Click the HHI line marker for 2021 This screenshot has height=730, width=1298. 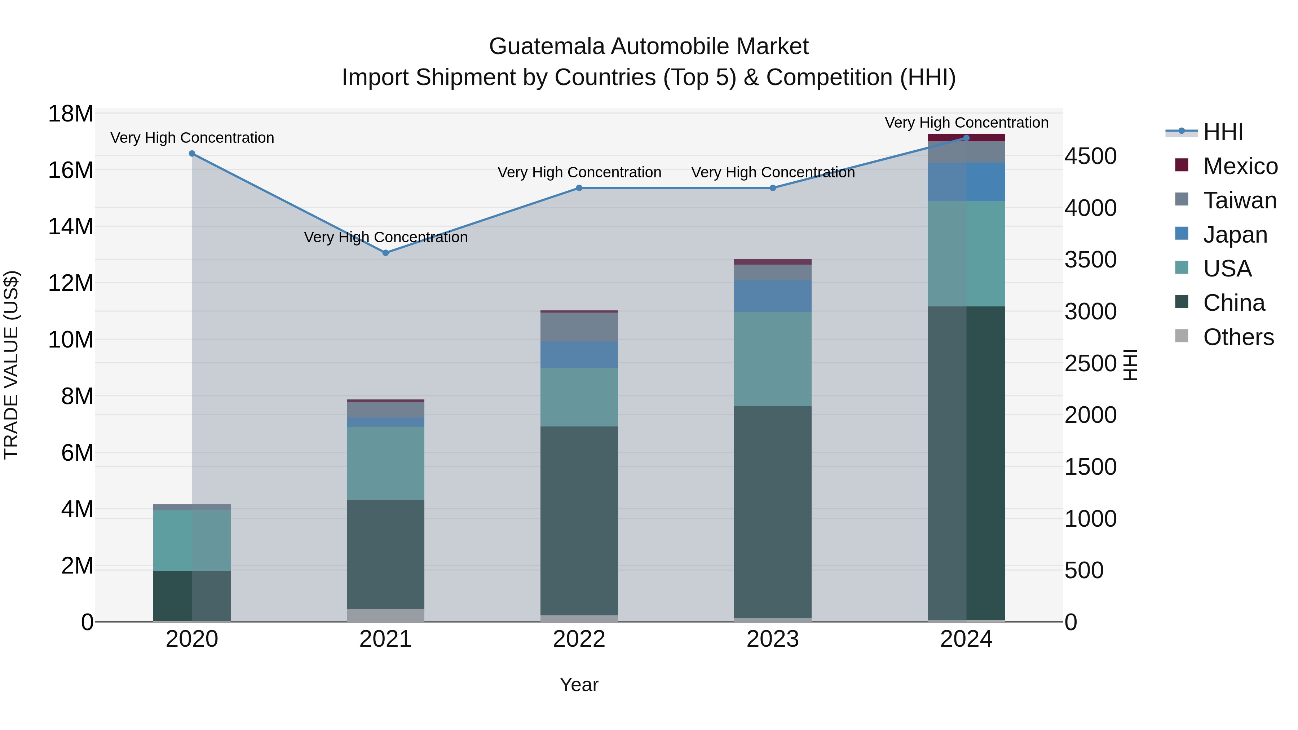coord(385,253)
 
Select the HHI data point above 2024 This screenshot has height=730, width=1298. coord(966,138)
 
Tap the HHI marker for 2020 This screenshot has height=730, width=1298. coord(192,154)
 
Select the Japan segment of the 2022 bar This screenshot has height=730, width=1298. coord(579,355)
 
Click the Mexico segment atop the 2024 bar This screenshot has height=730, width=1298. coord(966,138)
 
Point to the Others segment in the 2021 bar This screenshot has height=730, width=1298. coord(385,615)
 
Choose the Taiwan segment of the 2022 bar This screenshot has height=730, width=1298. coord(579,327)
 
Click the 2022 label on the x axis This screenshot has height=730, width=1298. coord(579,639)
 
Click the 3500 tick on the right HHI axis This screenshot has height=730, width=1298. coord(1090,260)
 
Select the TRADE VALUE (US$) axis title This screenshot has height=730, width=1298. coord(11,365)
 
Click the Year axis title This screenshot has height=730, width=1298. coord(579,685)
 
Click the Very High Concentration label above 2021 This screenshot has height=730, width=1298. coord(385,237)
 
